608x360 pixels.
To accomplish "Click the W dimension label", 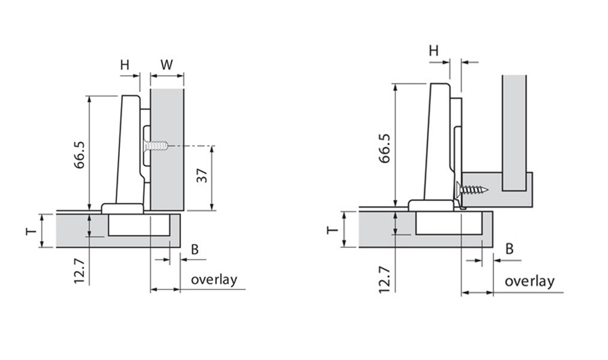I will pyautogui.click(x=167, y=64).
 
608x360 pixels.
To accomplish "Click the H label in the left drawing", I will pyautogui.click(x=125, y=65).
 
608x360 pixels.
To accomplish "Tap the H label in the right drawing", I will pyautogui.click(x=434, y=50).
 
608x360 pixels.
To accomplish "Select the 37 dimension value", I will pyautogui.click(x=201, y=176).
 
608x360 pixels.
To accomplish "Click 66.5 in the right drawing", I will pyautogui.click(x=385, y=148).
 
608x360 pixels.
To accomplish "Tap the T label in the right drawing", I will pyautogui.click(x=332, y=230).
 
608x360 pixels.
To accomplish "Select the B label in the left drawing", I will pyautogui.click(x=194, y=249).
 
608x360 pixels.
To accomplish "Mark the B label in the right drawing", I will pyautogui.click(x=509, y=248).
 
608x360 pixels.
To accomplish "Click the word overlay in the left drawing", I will pyautogui.click(x=214, y=279).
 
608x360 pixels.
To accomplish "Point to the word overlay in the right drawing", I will pyautogui.click(x=529, y=281).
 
